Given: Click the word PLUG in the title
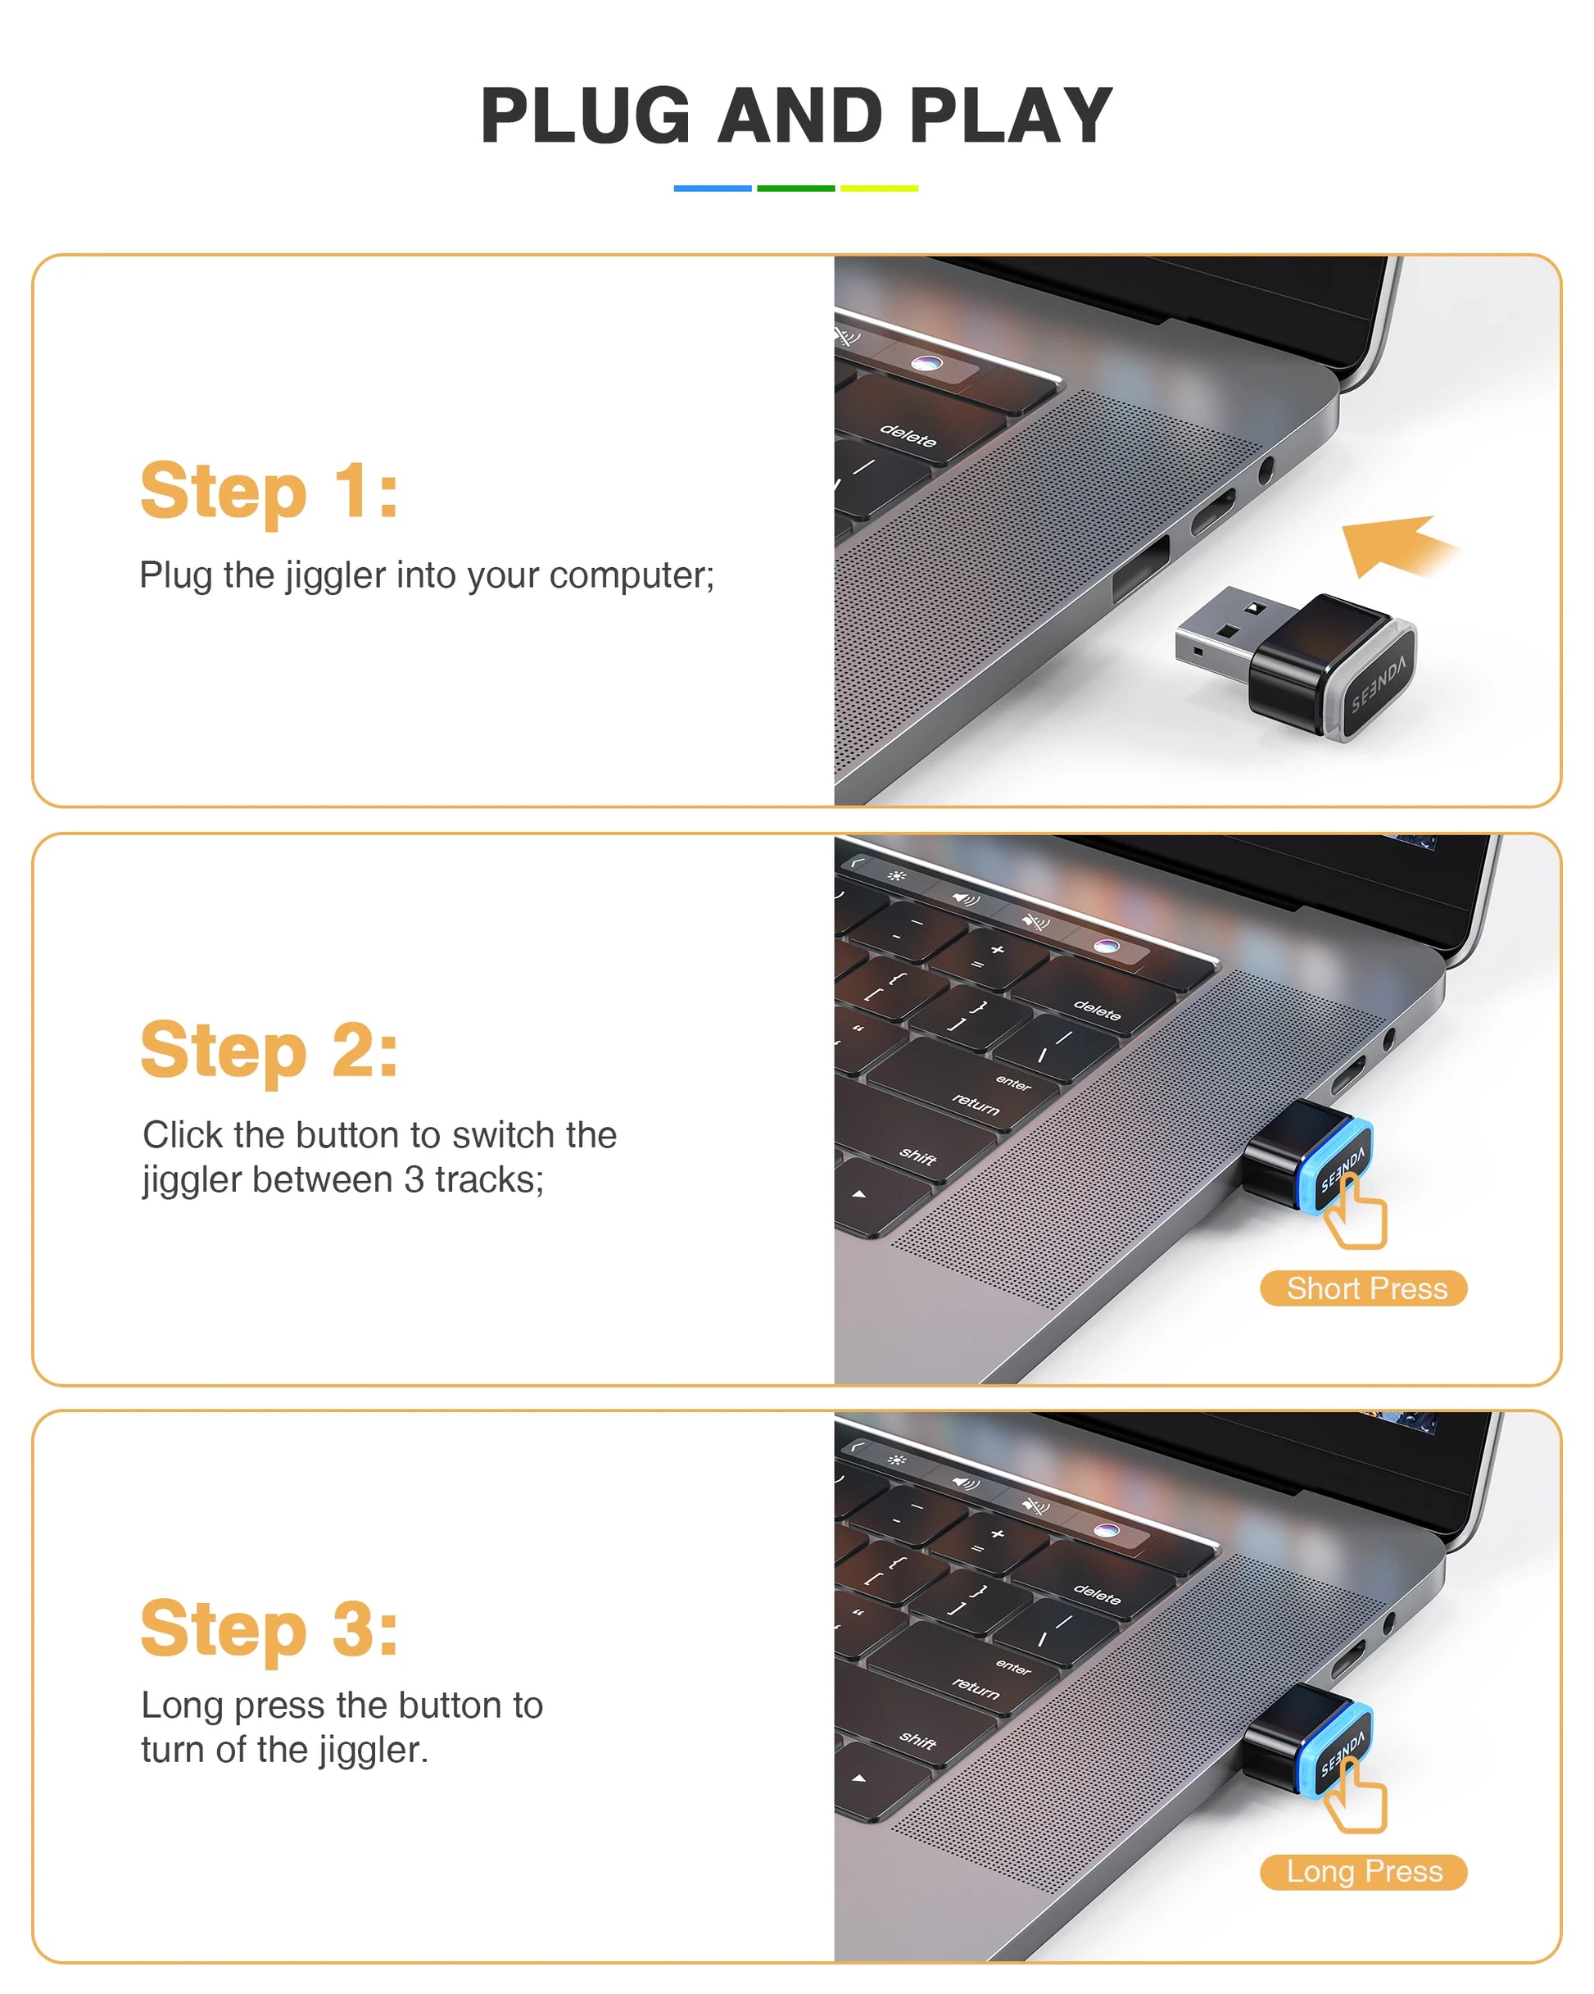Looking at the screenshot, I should pyautogui.click(x=586, y=116).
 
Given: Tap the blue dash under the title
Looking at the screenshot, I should pyautogui.click(x=712, y=188).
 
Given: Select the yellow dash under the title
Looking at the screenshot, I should pyautogui.click(x=878, y=188).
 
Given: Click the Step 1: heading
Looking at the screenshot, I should pyautogui.click(x=269, y=491).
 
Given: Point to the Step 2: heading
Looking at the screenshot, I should pyautogui.click(x=269, y=1051).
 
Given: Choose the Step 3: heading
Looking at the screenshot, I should pyautogui.click(x=269, y=1629).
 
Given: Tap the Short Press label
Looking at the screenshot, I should pyautogui.click(x=1364, y=1288).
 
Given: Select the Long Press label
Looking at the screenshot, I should pyautogui.click(x=1364, y=1872).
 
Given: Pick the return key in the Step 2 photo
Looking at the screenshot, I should pyautogui.click(x=976, y=1103).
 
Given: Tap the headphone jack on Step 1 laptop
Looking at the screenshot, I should pyautogui.click(x=1266, y=470).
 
